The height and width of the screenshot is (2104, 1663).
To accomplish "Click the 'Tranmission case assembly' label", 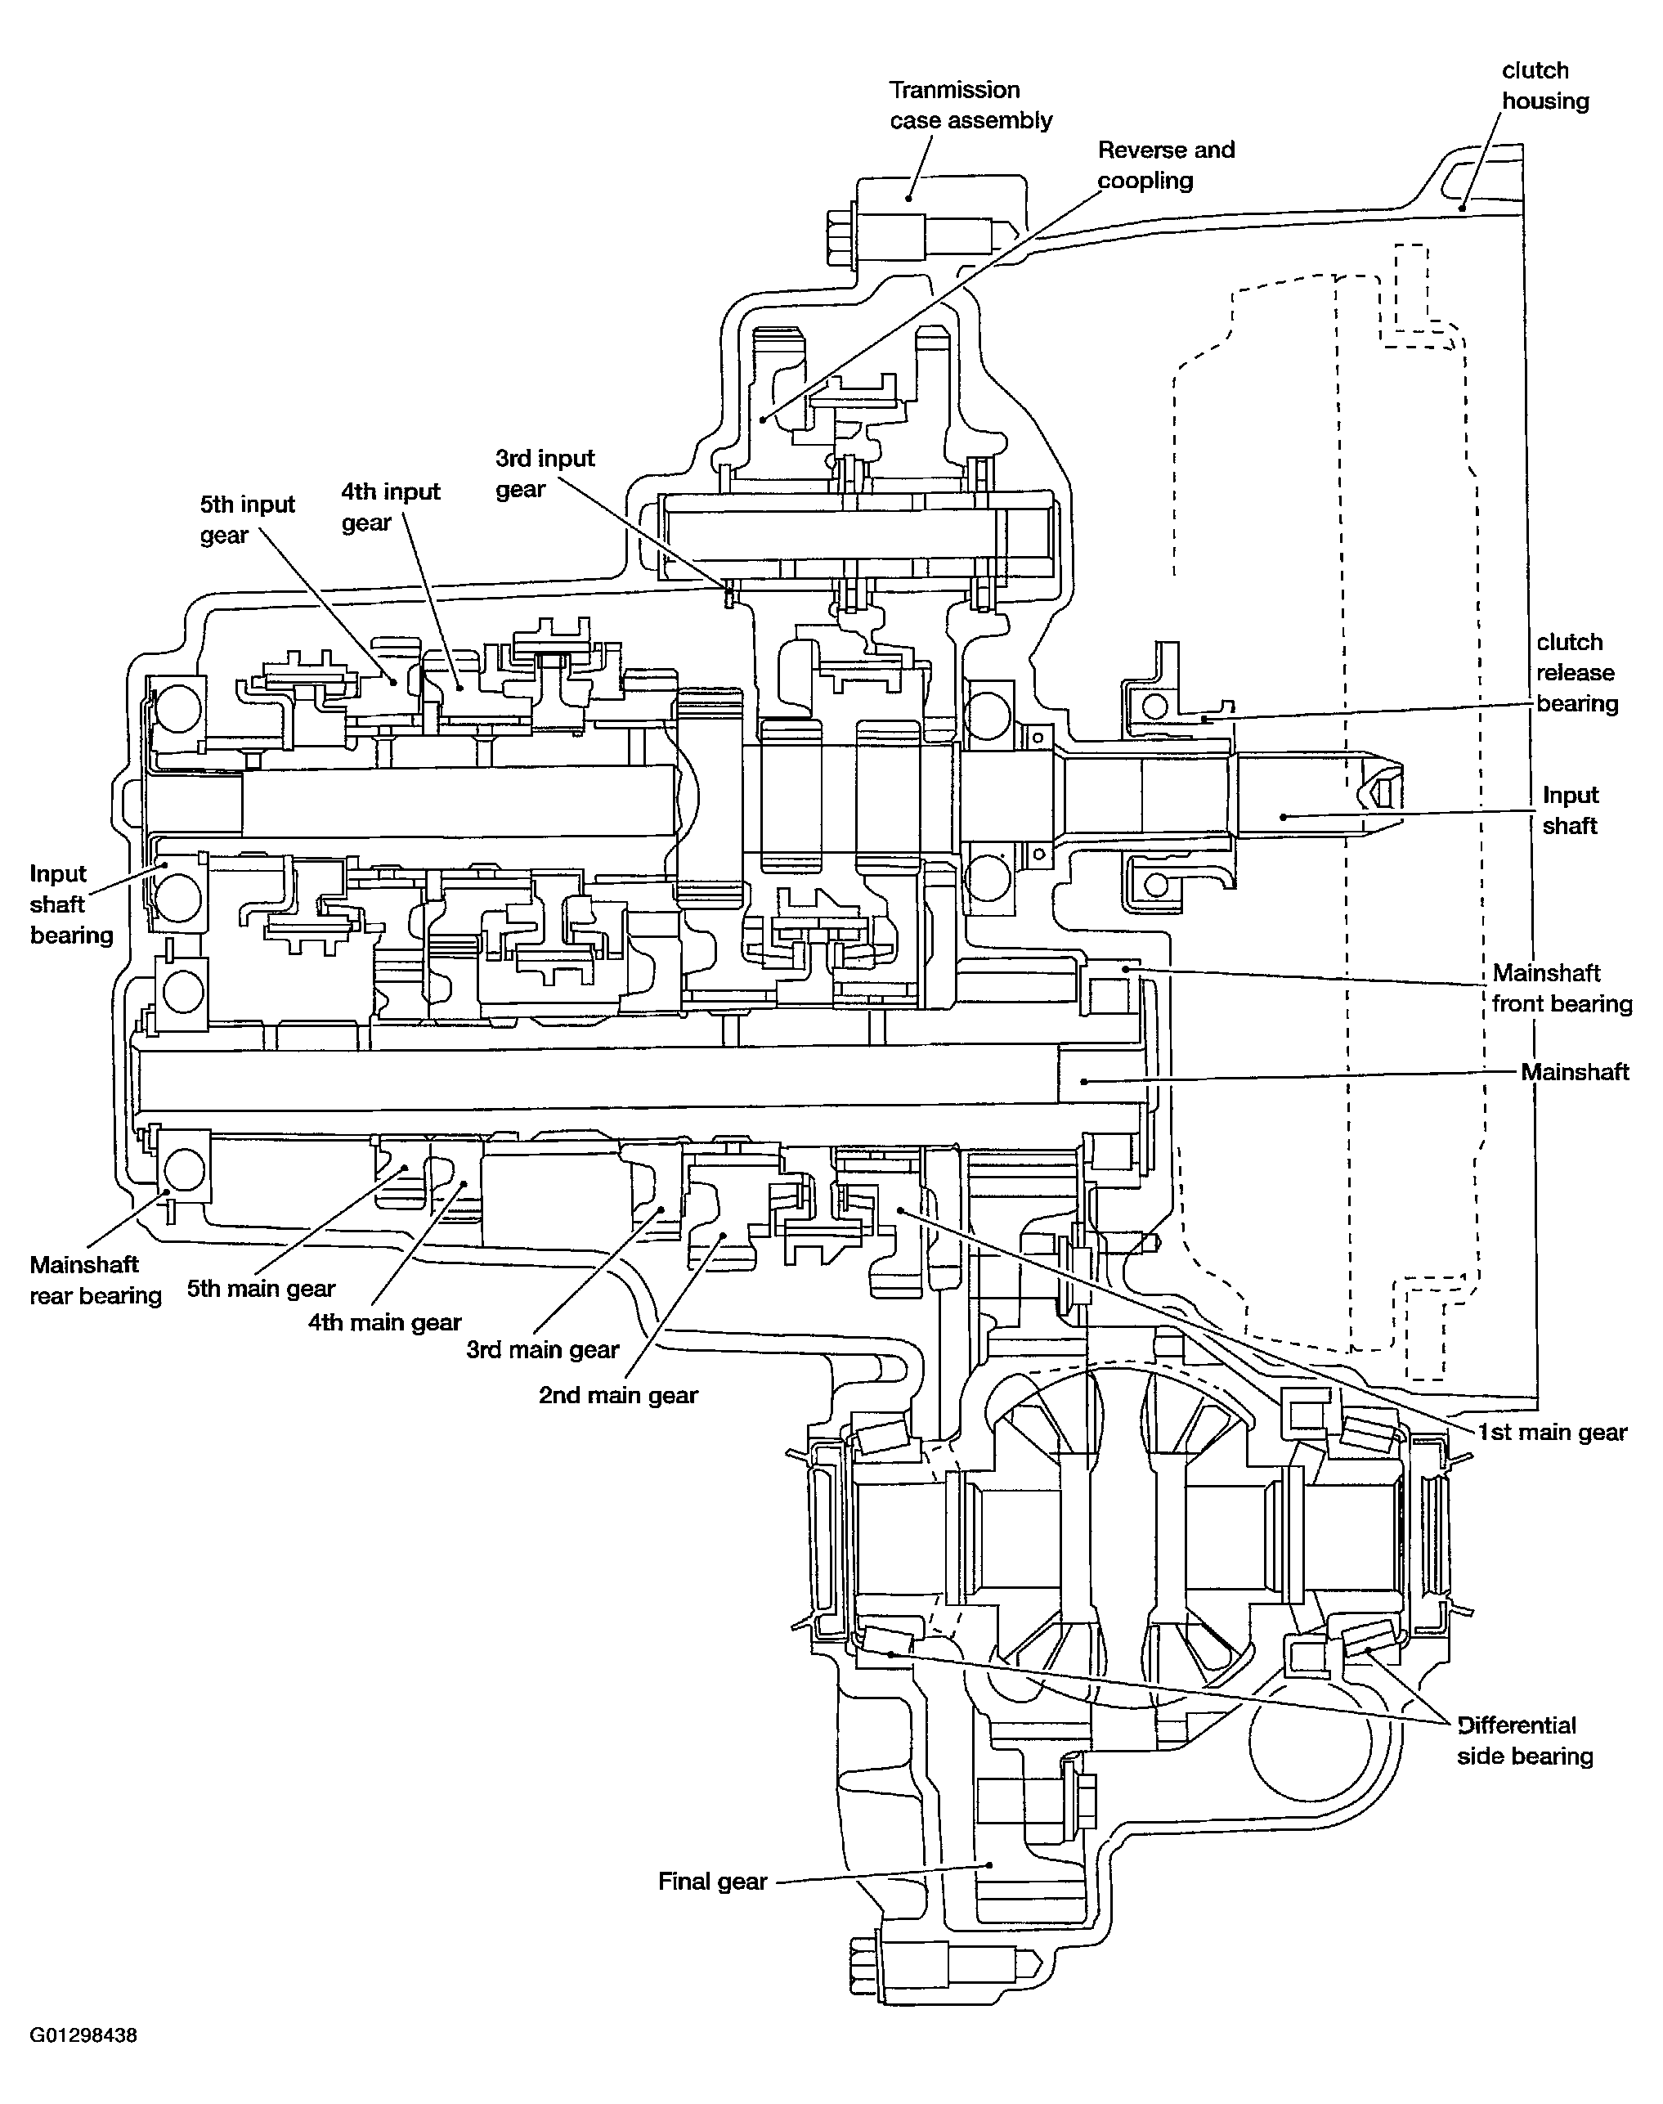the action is pos(970,105).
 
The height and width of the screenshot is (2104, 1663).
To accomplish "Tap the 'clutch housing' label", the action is pos(1545,86).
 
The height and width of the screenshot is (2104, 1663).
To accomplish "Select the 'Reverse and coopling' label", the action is pos(1165,164).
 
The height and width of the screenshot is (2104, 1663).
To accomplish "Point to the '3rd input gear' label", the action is pos(545,473).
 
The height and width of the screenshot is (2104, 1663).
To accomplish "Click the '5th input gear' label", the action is pos(247,520).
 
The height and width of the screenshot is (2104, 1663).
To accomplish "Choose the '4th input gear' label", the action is pos(391,507).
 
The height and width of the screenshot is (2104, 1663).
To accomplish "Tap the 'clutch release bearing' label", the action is pos(1576,673).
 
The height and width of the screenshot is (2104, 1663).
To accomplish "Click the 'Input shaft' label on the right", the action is pos(1570,810).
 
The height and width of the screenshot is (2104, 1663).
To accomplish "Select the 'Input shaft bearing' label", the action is pos(71,904).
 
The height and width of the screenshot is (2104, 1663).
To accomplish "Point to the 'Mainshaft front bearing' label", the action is pos(1561,989).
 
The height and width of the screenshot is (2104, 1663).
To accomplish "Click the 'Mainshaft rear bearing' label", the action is pos(96,1281).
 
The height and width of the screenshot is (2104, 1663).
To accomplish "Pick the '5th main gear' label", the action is pos(261,1289).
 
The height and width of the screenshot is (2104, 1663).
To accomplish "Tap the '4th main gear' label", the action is pos(384,1323).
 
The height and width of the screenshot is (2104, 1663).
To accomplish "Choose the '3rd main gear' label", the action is pos(542,1350).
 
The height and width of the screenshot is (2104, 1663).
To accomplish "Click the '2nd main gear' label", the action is pos(618,1395).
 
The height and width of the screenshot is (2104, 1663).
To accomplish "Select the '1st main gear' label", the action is pos(1552,1432).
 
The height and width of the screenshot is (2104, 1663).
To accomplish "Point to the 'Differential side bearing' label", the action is pos(1525,1741).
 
